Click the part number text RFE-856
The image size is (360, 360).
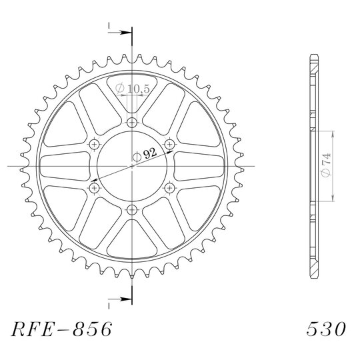[x=61, y=329]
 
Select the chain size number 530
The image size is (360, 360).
[x=326, y=329]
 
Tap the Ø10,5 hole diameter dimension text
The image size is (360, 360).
[x=133, y=89]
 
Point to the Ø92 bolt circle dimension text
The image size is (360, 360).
[x=145, y=155]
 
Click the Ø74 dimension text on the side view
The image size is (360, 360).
[x=327, y=165]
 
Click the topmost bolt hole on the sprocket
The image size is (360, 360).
[x=132, y=122]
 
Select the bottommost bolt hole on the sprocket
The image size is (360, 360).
[x=132, y=209]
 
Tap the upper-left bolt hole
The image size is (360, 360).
[x=94, y=144]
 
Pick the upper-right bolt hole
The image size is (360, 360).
[x=170, y=144]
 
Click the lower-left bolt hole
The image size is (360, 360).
[x=94, y=188]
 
